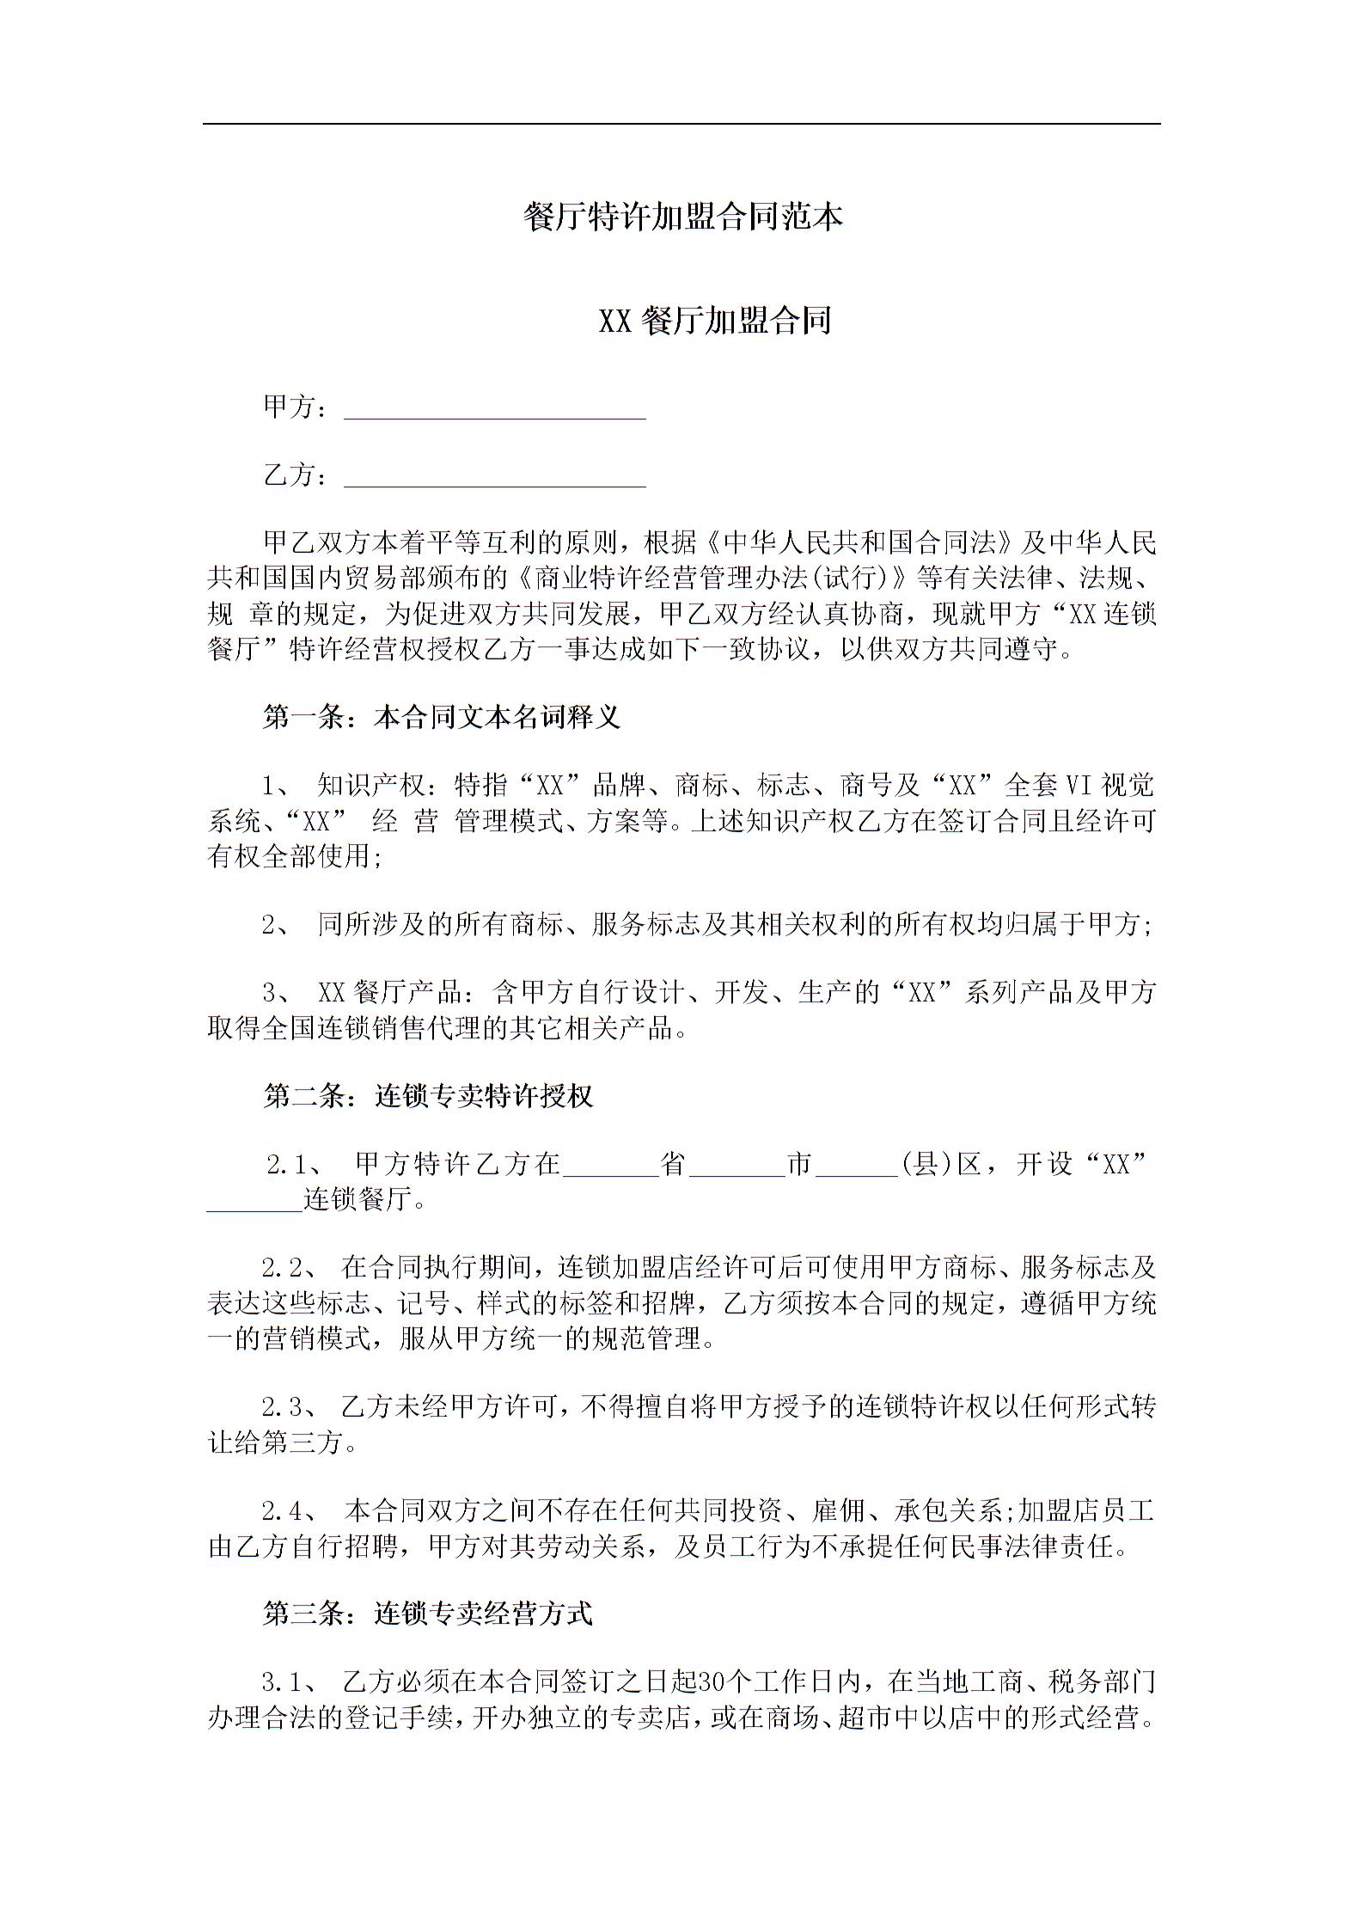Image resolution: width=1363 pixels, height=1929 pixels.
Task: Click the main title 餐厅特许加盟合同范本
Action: [682, 217]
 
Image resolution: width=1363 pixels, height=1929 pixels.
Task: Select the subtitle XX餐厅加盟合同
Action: [714, 321]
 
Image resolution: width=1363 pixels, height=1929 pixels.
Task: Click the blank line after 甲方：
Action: [494, 409]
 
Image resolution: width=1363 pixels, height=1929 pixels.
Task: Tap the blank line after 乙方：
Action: [494, 477]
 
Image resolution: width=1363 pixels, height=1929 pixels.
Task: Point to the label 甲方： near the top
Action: [295, 407]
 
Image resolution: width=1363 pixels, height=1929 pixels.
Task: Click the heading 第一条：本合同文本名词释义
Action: [442, 716]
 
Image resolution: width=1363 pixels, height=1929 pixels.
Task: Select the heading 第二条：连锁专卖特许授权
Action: [428, 1096]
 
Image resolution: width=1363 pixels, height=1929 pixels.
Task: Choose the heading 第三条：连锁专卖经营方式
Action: [428, 1614]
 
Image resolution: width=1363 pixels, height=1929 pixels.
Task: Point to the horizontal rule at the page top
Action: [681, 124]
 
